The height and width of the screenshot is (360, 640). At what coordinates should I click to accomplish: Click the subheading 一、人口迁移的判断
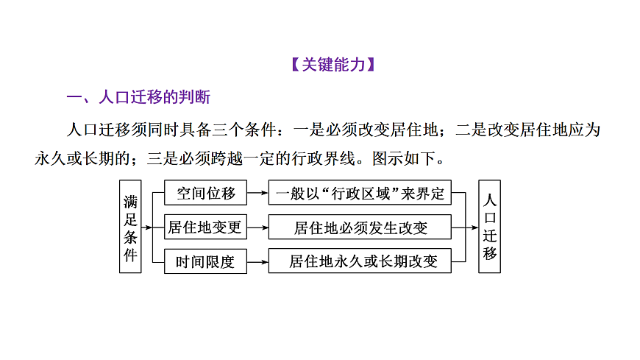pyautogui.click(x=139, y=98)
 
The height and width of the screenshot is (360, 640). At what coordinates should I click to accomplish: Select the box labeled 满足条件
pyautogui.click(x=130, y=227)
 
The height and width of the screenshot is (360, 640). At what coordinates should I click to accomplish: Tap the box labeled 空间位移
pyautogui.click(x=206, y=194)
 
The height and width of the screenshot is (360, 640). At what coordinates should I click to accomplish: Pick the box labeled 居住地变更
pyautogui.click(x=206, y=227)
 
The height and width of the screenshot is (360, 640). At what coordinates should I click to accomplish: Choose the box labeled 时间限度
pyautogui.click(x=206, y=261)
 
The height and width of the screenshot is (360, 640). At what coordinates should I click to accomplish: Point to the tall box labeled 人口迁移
pyautogui.click(x=489, y=227)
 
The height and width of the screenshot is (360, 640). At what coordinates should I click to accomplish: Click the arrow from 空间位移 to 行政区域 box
pyautogui.click(x=258, y=194)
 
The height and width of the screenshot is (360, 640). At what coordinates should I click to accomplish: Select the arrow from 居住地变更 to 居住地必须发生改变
pyautogui.click(x=258, y=227)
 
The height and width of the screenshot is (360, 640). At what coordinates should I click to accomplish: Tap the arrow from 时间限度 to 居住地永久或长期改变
pyautogui.click(x=258, y=261)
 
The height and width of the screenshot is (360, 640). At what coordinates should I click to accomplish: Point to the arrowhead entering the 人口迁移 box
pyautogui.click(x=475, y=227)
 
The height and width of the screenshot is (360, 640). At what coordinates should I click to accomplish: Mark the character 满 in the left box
pyautogui.click(x=130, y=200)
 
